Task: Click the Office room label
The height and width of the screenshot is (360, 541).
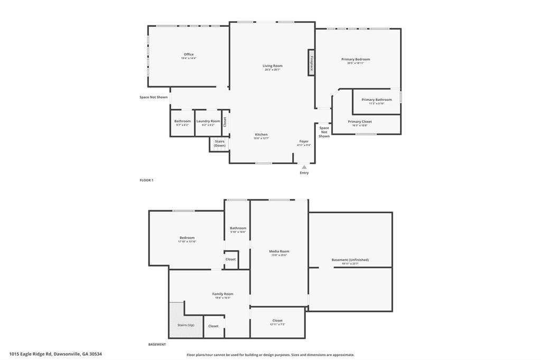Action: pos(189,54)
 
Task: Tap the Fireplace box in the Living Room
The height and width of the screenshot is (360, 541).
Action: pos(311,63)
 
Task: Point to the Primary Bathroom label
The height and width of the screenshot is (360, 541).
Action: pos(377,100)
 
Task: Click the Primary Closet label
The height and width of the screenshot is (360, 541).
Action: pos(360,122)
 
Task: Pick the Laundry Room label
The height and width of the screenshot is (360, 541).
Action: pos(208,121)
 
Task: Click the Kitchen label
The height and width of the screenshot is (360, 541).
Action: pos(261,135)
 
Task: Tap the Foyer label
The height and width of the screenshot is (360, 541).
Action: pos(304,141)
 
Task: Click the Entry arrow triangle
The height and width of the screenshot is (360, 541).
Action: pos(304,166)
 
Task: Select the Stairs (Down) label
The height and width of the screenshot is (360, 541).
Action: pos(220,143)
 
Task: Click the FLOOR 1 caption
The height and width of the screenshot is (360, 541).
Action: pos(146,181)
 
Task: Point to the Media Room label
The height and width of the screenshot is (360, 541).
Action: pos(279,252)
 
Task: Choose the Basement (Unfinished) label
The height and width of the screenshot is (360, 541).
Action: pos(350,260)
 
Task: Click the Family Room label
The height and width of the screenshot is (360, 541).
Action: pos(222,294)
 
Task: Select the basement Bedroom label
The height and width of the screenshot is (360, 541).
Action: pos(187,238)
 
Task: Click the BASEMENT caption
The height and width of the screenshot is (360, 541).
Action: pos(157,345)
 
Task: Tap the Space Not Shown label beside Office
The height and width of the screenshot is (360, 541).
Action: pos(153,97)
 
